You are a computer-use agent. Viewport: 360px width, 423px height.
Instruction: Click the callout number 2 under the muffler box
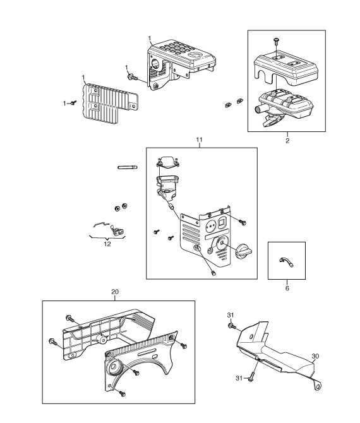[287, 141]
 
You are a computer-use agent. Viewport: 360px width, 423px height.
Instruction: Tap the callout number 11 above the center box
[199, 140]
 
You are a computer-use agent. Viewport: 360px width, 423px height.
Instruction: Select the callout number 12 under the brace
[107, 244]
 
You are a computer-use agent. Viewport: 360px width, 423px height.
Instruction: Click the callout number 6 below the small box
[287, 288]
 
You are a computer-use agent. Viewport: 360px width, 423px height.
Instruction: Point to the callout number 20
[115, 292]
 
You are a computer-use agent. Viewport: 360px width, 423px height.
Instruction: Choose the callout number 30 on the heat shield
[315, 356]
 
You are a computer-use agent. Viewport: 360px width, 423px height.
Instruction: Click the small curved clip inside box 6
[285, 261]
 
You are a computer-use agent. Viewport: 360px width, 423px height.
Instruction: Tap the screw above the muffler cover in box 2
[277, 41]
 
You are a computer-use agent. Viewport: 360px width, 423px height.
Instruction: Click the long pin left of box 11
[128, 167]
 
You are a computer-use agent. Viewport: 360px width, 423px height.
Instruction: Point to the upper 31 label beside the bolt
[231, 315]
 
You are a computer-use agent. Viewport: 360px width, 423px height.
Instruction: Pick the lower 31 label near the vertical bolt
[239, 378]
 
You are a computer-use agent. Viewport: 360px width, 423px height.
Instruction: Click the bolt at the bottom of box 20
[121, 393]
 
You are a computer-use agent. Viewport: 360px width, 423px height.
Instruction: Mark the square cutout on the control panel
[222, 223]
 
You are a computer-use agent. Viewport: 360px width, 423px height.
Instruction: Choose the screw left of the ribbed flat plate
[73, 103]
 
